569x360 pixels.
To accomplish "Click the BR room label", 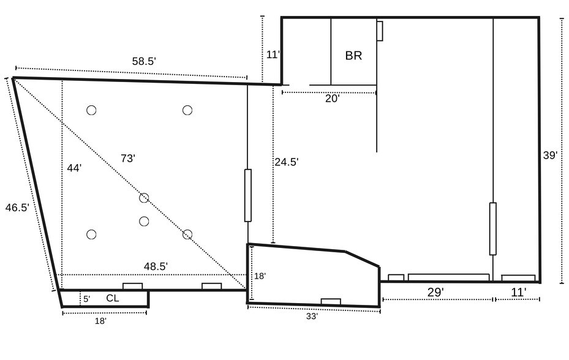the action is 353,56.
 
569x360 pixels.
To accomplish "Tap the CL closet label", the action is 113,298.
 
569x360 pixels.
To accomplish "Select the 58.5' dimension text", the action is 144,61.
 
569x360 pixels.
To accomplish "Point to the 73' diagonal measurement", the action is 128,159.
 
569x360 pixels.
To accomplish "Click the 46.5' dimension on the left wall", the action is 17,208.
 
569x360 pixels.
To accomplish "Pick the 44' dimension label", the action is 74,168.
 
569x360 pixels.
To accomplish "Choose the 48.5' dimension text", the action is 156,266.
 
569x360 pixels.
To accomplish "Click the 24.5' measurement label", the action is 287,162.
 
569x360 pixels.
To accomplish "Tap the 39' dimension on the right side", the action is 550,156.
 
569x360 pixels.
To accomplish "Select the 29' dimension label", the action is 435,292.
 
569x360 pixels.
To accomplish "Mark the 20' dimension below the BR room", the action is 332,99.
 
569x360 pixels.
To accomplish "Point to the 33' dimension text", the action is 312,317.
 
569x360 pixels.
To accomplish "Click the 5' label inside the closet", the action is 87,299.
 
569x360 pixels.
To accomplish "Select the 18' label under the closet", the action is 100,321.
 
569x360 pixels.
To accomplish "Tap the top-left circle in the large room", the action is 91,110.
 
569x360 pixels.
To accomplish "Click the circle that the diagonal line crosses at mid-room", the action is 144,198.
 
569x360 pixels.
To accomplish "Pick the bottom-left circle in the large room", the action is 91,234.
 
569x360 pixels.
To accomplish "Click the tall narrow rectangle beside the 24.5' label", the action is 248,195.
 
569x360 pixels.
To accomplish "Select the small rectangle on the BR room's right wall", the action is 380,31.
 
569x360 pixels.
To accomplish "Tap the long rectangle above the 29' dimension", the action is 448,277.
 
